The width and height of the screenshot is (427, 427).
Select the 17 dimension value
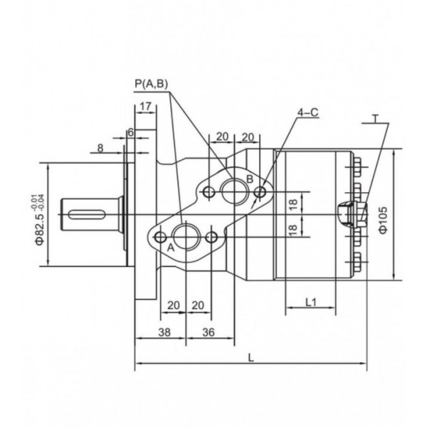point(145,107)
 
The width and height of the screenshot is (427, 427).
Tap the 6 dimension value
point(130,132)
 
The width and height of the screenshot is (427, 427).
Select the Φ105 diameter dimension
point(382,216)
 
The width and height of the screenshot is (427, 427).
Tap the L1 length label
point(310,302)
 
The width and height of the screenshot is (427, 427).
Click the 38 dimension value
point(164,332)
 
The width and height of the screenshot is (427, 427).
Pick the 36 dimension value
point(209,332)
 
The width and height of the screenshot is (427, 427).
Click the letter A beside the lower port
point(171,248)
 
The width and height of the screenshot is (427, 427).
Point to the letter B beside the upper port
point(249,179)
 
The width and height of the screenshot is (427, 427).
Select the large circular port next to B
point(233,191)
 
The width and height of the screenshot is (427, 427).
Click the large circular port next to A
point(186,236)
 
